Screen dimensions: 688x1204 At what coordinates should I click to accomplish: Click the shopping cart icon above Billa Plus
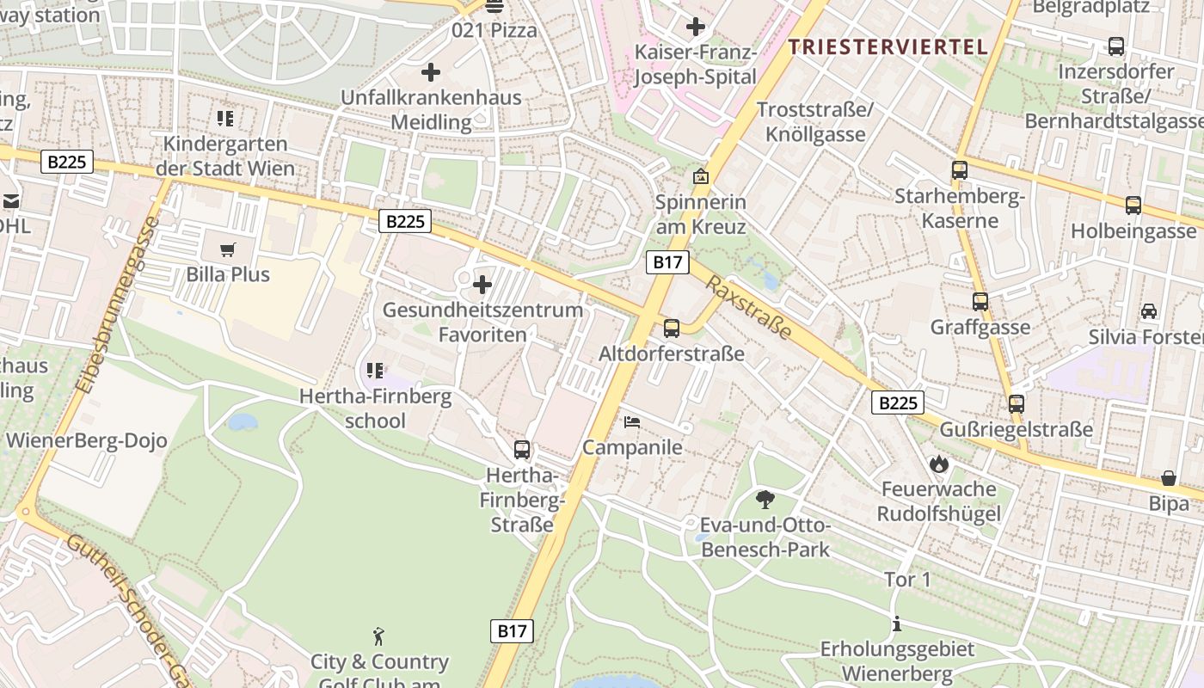click(x=227, y=250)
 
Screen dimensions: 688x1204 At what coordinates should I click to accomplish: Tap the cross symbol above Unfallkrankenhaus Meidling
click(x=431, y=72)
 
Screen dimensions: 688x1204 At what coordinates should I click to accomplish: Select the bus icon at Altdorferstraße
click(x=672, y=328)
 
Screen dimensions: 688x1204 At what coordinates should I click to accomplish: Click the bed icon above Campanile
click(x=632, y=422)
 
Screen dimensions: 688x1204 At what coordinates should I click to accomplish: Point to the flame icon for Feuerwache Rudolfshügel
click(x=938, y=464)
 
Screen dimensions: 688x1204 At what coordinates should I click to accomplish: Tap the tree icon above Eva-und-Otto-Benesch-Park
click(x=765, y=500)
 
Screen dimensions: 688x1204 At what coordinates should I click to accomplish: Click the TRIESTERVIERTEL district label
click(x=888, y=47)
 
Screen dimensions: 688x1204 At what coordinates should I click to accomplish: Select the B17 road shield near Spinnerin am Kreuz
click(x=667, y=262)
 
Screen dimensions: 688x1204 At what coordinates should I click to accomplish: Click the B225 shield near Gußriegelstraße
click(x=898, y=402)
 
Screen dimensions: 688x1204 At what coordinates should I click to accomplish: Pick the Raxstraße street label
click(x=747, y=307)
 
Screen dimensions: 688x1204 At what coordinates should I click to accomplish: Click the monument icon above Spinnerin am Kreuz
click(x=701, y=177)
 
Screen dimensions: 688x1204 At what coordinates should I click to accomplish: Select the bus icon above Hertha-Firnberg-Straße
click(x=522, y=449)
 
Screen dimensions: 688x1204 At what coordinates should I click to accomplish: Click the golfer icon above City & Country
click(x=378, y=636)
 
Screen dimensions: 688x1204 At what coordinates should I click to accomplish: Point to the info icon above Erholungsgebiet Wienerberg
click(x=897, y=623)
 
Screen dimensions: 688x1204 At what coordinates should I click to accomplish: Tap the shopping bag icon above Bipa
click(x=1169, y=477)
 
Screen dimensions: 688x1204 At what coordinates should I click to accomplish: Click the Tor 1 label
click(x=907, y=580)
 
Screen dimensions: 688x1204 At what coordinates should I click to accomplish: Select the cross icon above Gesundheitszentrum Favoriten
click(x=482, y=284)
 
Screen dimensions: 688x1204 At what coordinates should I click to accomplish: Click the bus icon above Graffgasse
click(x=980, y=302)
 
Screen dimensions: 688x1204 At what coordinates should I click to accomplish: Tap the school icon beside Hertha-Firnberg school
click(x=375, y=371)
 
